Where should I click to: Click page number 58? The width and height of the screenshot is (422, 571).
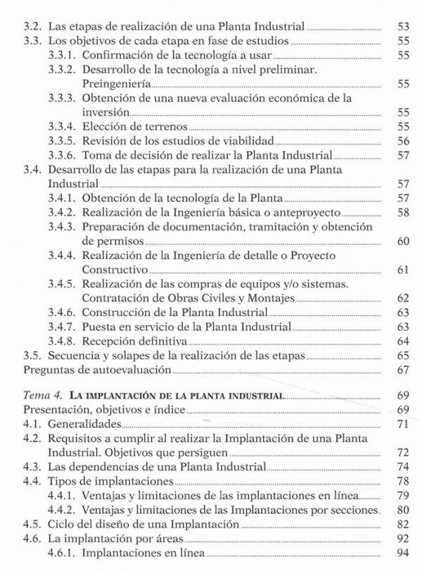[x=402, y=212]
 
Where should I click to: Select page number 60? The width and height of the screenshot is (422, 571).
[x=402, y=241]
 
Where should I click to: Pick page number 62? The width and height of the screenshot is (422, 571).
[x=402, y=298]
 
